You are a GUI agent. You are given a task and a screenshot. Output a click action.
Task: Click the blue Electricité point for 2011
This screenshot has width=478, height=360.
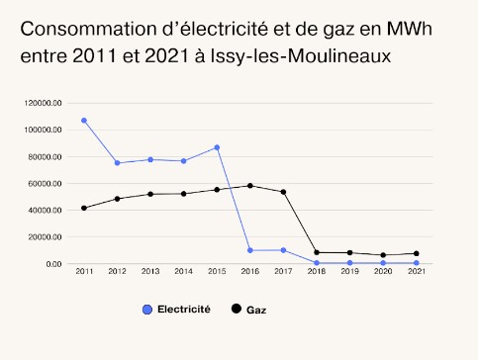tap(84, 121)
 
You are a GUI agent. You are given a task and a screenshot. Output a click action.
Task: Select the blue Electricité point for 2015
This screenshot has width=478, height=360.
tap(217, 147)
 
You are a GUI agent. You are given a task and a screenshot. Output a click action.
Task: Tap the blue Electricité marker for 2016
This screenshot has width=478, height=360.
tap(250, 250)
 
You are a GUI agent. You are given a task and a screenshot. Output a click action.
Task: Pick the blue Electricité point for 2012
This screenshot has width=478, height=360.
tap(117, 163)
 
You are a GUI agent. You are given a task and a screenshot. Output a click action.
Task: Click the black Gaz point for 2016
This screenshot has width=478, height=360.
tap(250, 186)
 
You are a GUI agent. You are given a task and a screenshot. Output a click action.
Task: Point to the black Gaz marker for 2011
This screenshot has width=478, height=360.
tap(84, 208)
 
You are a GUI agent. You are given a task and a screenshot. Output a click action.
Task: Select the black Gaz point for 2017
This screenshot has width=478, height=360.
tap(283, 192)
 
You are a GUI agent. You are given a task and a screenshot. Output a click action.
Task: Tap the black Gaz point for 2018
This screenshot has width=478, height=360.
tap(317, 252)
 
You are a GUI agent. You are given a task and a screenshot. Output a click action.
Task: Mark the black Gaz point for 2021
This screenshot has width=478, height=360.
tap(416, 253)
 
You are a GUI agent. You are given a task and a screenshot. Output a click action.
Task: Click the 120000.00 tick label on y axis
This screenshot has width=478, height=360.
tap(46, 103)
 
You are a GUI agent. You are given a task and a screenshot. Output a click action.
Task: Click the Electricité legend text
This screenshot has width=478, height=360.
tap(184, 310)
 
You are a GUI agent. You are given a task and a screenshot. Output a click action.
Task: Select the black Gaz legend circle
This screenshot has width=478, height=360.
tap(236, 310)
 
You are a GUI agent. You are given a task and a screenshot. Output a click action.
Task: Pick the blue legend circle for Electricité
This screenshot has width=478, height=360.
tap(148, 310)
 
